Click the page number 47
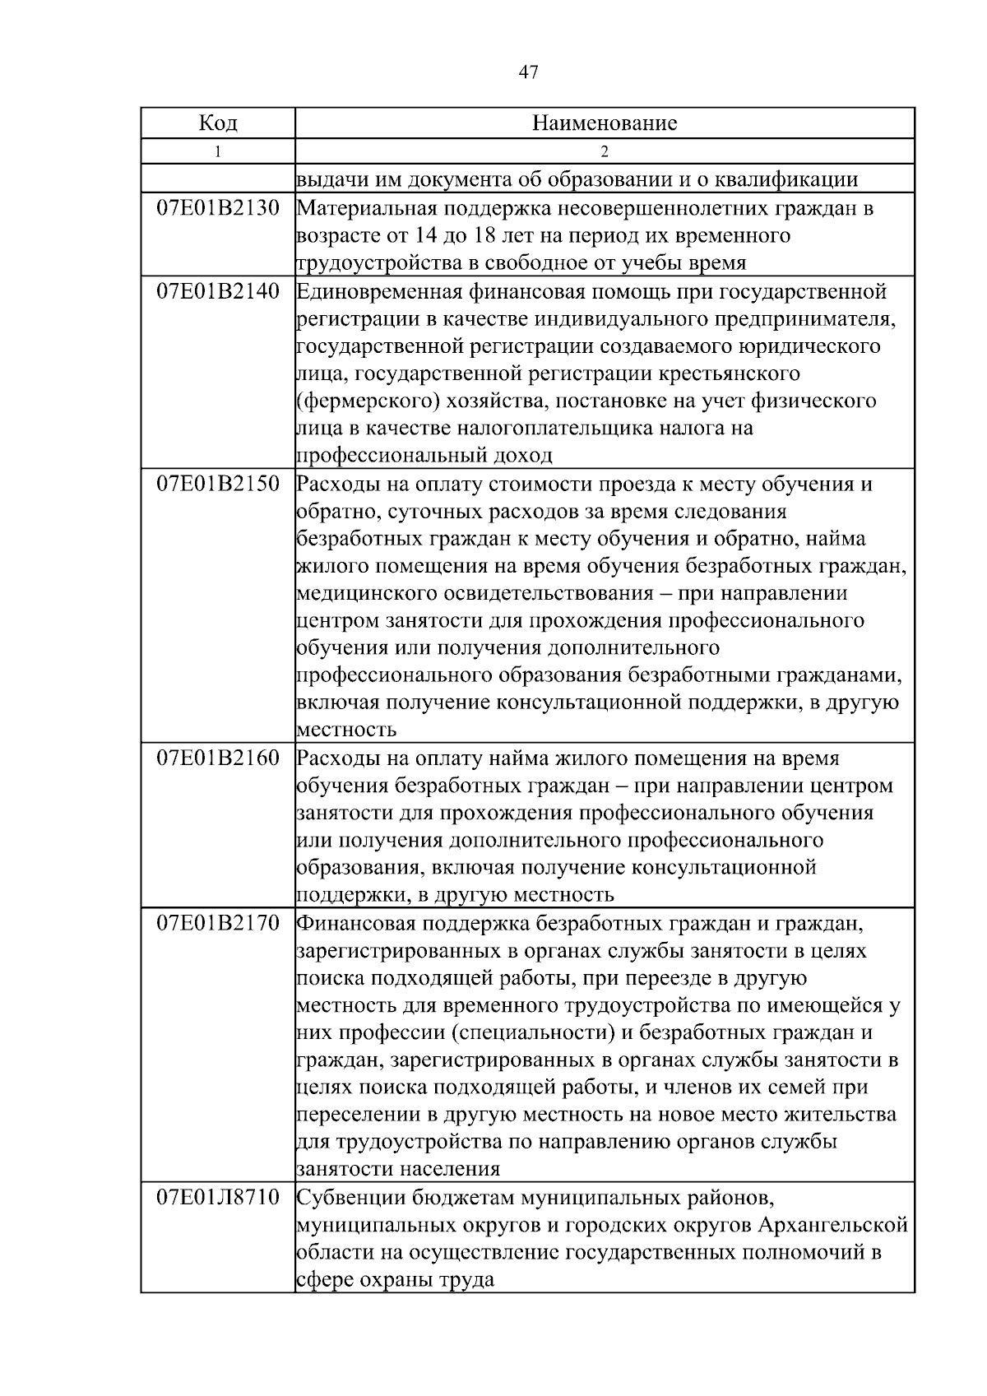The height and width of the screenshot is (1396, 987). click(x=529, y=73)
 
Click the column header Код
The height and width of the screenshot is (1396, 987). click(x=218, y=123)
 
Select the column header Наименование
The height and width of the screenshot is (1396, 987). click(x=605, y=123)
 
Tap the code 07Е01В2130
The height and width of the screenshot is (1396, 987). click(x=218, y=208)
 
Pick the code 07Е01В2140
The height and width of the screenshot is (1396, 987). click(x=218, y=291)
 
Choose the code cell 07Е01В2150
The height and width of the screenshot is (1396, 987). click(x=218, y=484)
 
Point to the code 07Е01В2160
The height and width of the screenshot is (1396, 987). click(x=218, y=758)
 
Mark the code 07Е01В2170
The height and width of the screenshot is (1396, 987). click(x=218, y=923)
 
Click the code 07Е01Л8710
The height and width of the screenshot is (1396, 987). click(x=218, y=1198)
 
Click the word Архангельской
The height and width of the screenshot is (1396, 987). click(x=833, y=1226)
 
